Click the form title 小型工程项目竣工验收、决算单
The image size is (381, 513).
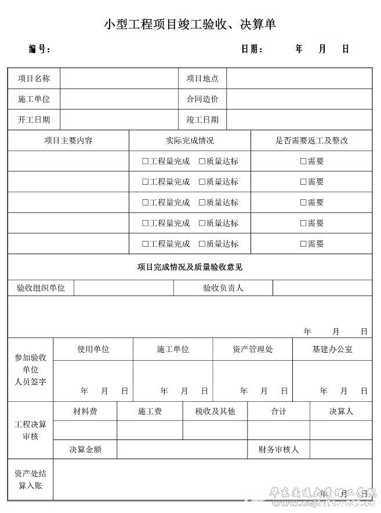(190, 24)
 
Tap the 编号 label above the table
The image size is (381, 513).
(40, 49)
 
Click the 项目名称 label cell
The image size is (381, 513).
(34, 78)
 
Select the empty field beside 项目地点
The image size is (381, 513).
(299, 78)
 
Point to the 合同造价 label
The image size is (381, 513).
(202, 99)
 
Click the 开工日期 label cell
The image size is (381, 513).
(34, 120)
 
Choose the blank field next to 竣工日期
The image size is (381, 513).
(299, 120)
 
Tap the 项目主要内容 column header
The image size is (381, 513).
(68, 141)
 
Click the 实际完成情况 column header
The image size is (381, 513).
(190, 141)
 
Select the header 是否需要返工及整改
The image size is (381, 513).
(311, 141)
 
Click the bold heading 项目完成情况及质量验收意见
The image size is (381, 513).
(190, 267)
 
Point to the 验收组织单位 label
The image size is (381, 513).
(41, 288)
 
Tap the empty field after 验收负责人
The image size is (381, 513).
(322, 288)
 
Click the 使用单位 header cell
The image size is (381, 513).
(93, 349)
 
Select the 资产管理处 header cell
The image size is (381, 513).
(252, 349)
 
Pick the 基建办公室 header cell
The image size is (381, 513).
(332, 349)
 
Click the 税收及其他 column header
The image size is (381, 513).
(215, 411)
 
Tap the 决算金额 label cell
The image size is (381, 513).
(85, 449)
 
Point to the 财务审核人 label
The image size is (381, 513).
(278, 449)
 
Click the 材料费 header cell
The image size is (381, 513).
(85, 411)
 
